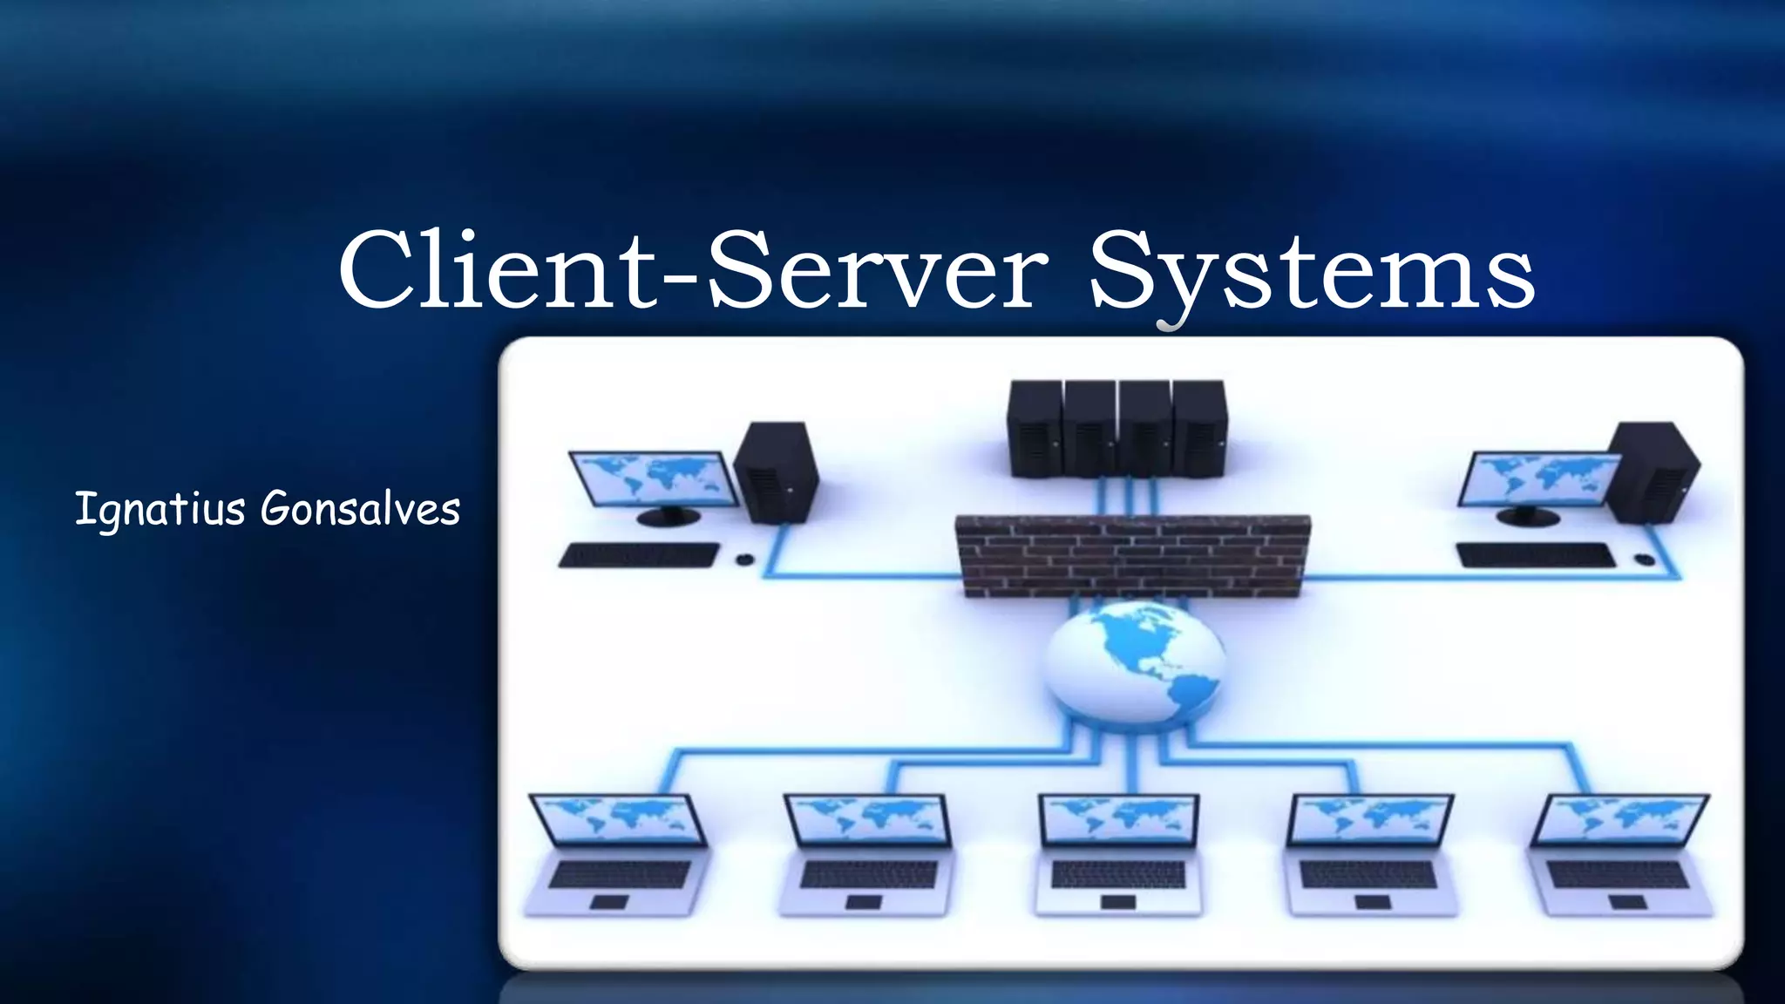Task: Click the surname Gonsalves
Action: (x=360, y=509)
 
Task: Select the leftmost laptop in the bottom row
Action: (x=618, y=854)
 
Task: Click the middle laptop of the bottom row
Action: (x=1119, y=854)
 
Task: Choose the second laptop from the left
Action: (x=866, y=854)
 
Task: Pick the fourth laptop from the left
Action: (x=1369, y=854)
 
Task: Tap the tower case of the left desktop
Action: (x=776, y=472)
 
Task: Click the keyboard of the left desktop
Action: (x=639, y=555)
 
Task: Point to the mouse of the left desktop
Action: (x=744, y=560)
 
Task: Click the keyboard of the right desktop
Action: (x=1537, y=555)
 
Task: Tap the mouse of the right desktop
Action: (x=1644, y=559)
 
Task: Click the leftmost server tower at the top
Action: (x=1035, y=429)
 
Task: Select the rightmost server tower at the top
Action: (x=1199, y=429)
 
